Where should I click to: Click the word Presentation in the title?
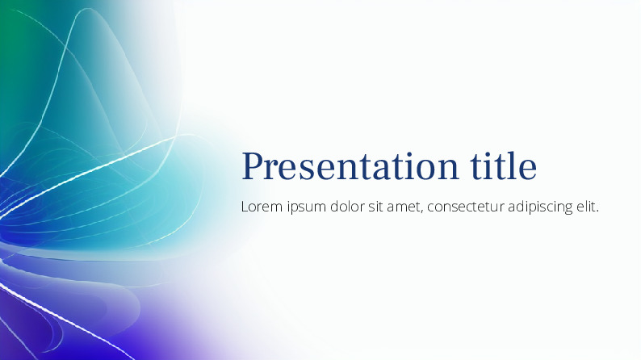(350, 166)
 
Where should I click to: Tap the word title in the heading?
(503, 165)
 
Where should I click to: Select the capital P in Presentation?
(253, 166)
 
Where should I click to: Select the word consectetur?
(465, 207)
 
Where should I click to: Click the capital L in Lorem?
(245, 207)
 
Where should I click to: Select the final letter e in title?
(528, 170)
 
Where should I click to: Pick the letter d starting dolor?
(335, 207)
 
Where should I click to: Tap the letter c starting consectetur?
(430, 208)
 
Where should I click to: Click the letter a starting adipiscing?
(512, 208)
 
